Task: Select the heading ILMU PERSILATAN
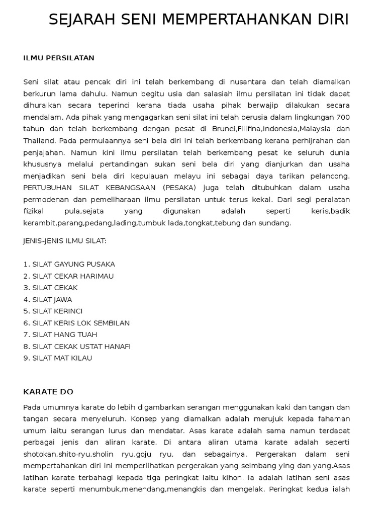click(59, 58)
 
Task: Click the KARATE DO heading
click(48, 391)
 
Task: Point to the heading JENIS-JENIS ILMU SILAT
click(65, 240)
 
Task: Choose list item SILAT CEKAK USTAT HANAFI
click(81, 347)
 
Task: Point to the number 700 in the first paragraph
click(343, 117)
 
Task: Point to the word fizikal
click(34, 211)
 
